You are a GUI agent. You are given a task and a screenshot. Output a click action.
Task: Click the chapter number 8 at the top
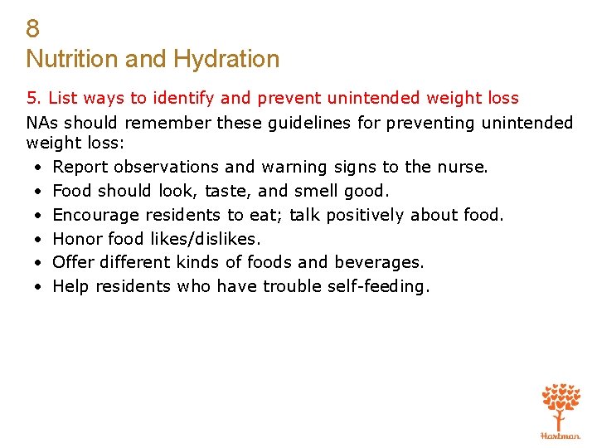click(x=32, y=29)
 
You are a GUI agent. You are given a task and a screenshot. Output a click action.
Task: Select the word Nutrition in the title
click(x=71, y=59)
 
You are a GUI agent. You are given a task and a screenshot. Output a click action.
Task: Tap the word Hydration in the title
click(x=226, y=59)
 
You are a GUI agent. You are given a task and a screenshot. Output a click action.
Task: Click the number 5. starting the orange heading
click(x=34, y=99)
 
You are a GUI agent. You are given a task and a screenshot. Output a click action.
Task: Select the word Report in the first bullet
click(x=79, y=167)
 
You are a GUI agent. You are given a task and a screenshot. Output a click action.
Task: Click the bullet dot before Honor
click(x=39, y=239)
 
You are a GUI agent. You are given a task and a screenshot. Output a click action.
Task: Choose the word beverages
click(x=378, y=262)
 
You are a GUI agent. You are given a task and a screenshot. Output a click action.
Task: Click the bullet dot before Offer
click(x=39, y=263)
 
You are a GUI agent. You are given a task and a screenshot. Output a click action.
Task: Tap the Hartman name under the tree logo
click(x=561, y=435)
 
